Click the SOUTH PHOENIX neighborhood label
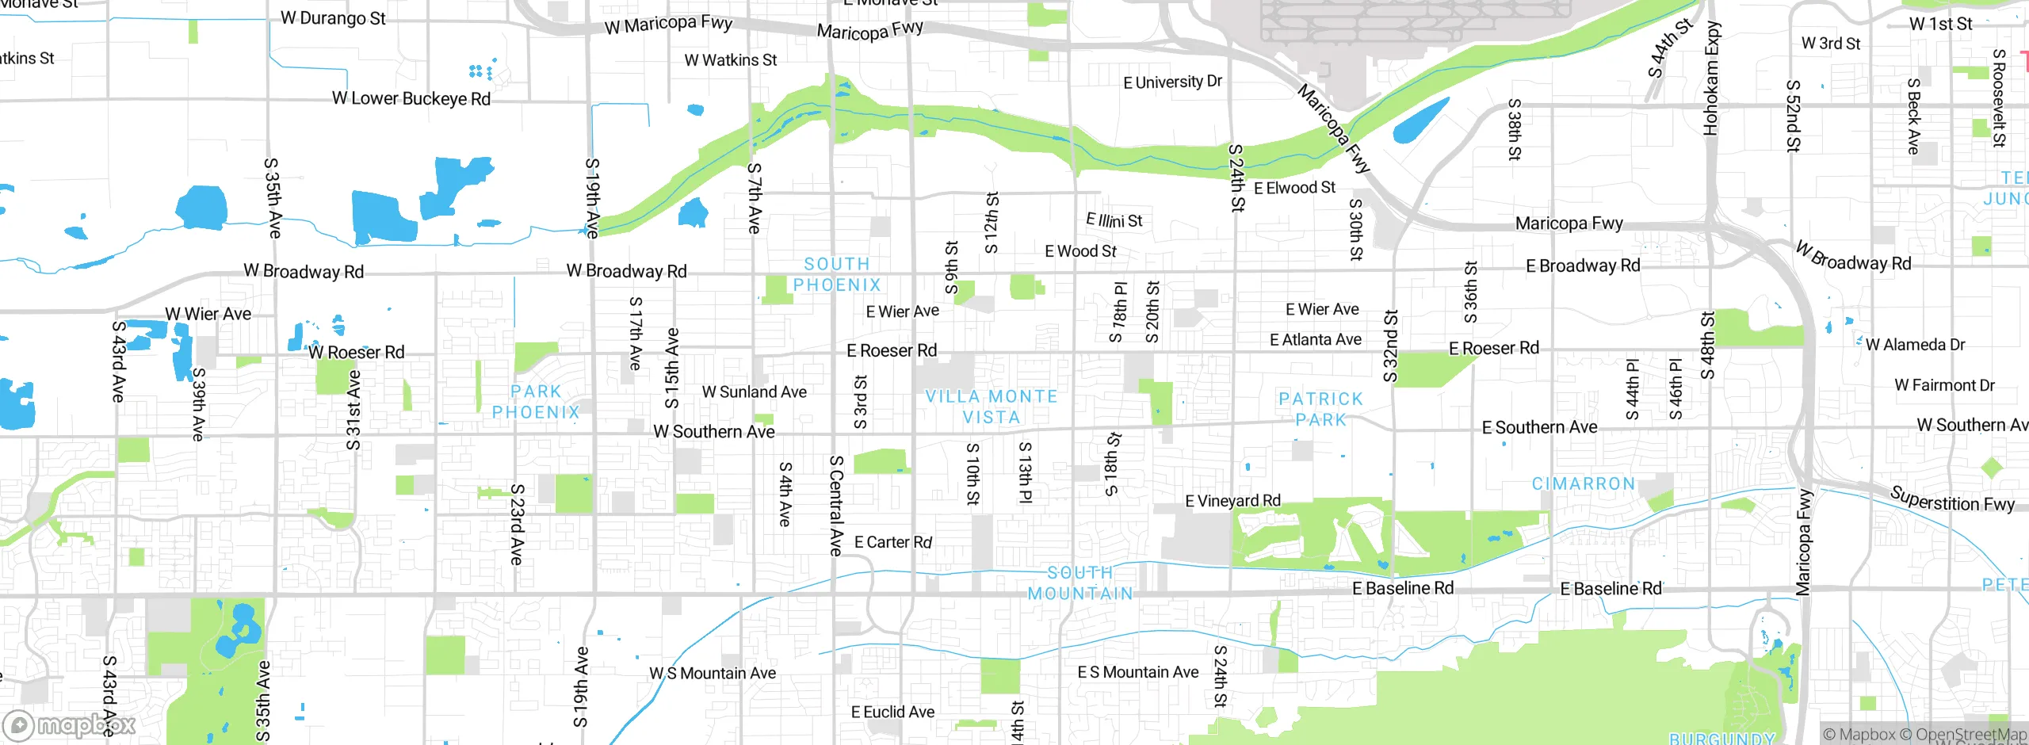tap(837, 274)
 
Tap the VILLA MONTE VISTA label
tap(992, 407)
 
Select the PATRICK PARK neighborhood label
tap(1320, 409)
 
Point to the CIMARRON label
tap(1583, 483)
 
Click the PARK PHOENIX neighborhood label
tap(536, 402)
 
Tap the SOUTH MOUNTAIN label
tap(1080, 583)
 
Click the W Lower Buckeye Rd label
tap(411, 99)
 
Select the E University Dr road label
tap(1172, 82)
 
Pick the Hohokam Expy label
tap(1712, 78)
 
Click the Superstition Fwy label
tap(1951, 499)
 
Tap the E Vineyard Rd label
tap(1232, 501)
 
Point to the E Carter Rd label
tap(892, 542)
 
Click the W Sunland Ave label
tap(754, 392)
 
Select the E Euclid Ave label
tap(892, 712)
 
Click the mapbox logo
tap(70, 725)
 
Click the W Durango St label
tap(333, 17)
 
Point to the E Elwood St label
tap(1294, 188)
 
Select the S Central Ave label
tap(835, 505)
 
